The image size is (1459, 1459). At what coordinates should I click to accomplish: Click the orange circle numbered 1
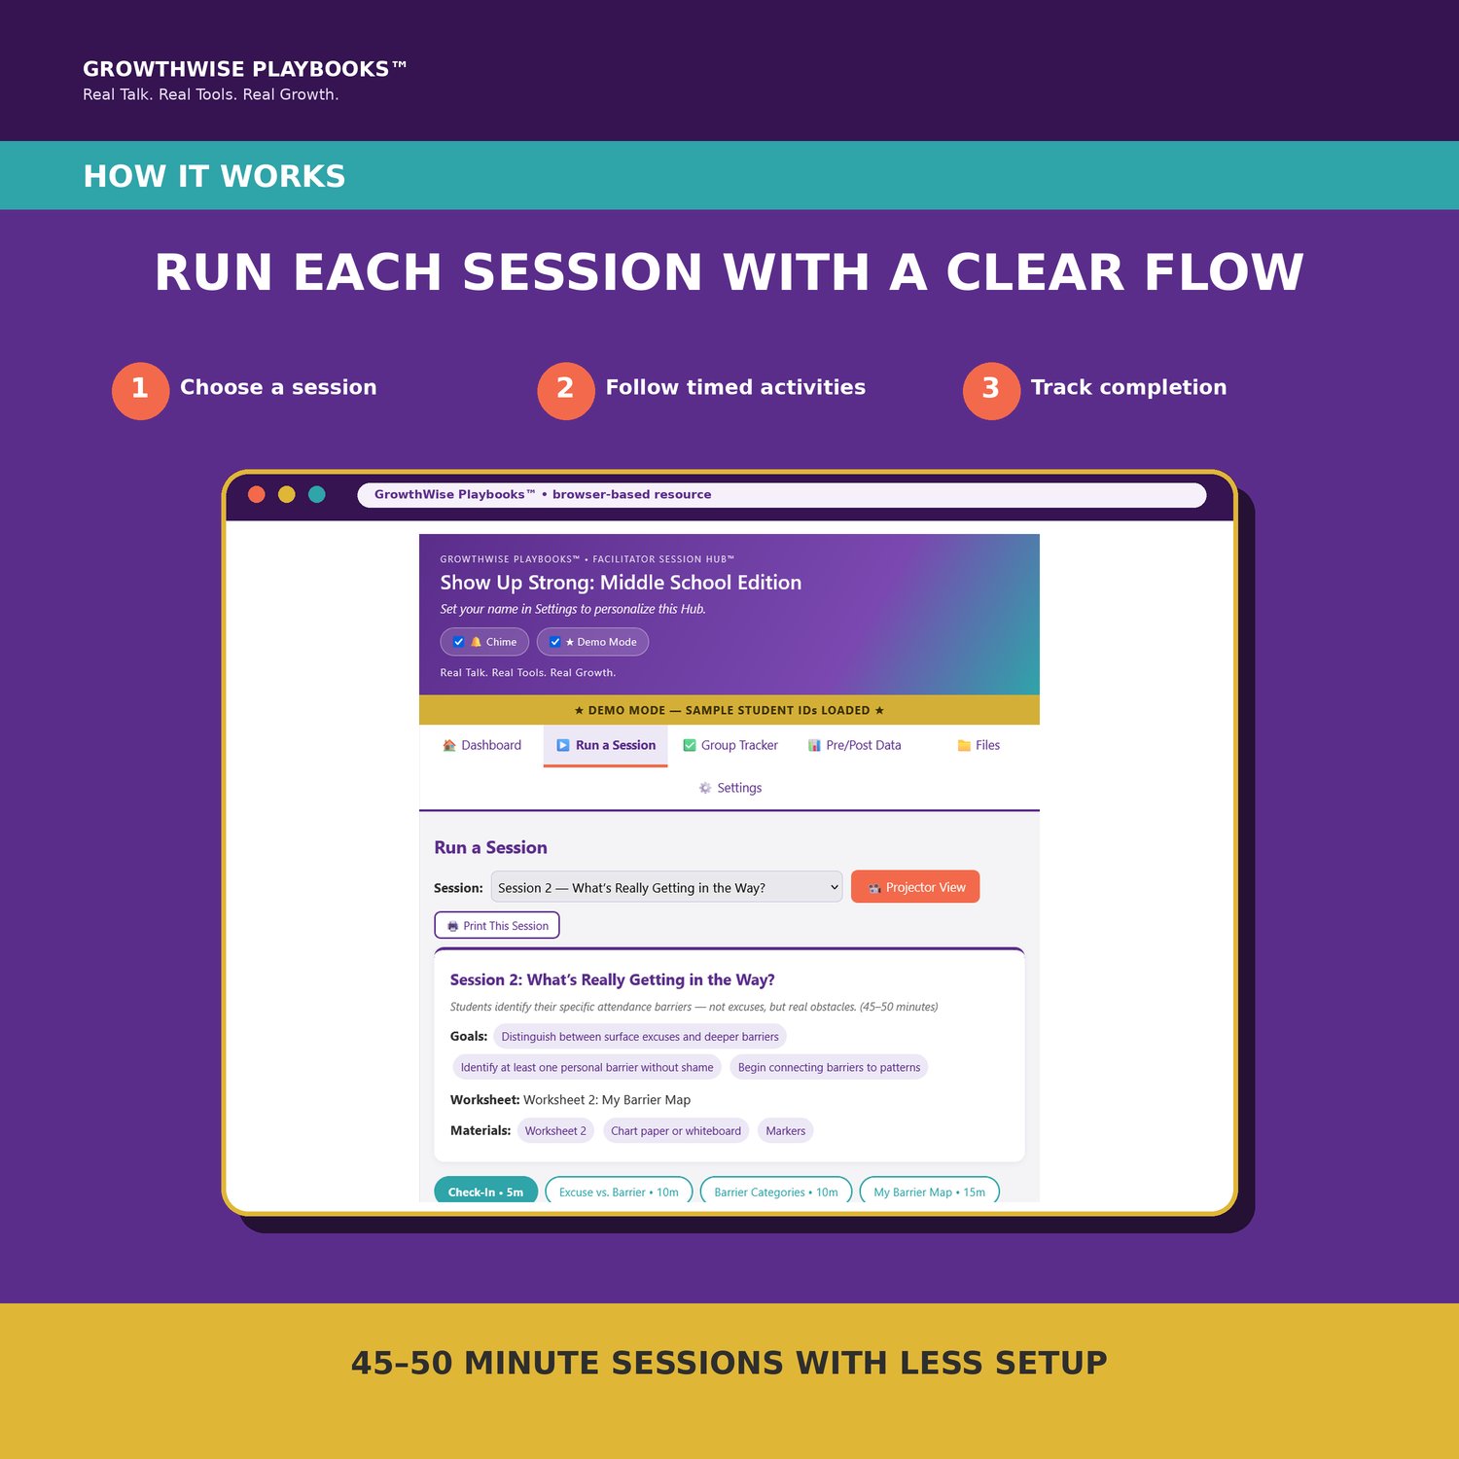click(140, 391)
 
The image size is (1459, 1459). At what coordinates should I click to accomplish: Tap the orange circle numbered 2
click(566, 391)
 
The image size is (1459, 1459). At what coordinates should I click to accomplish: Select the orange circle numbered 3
click(991, 391)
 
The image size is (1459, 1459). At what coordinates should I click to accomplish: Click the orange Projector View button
click(915, 887)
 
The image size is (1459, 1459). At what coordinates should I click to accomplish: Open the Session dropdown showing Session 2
click(666, 887)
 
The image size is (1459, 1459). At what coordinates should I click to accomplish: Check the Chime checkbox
click(458, 642)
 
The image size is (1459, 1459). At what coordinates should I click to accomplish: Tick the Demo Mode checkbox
click(554, 642)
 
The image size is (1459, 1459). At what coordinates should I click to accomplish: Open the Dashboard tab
click(481, 745)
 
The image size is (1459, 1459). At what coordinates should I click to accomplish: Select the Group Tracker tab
click(730, 745)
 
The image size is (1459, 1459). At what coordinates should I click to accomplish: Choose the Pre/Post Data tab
click(854, 745)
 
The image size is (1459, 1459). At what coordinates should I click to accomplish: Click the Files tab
click(979, 745)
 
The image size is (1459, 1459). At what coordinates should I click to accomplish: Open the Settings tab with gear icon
click(729, 788)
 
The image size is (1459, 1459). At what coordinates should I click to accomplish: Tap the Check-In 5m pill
click(485, 1191)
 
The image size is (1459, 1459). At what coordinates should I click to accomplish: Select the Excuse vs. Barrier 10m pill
click(619, 1191)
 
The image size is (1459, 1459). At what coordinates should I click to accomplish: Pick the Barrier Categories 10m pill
click(776, 1191)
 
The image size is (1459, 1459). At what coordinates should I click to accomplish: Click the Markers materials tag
click(785, 1130)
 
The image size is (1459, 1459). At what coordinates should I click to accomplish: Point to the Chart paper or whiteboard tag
click(676, 1130)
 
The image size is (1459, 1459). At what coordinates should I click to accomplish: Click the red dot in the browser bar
click(257, 494)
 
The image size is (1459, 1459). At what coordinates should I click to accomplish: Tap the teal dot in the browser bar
click(317, 494)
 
